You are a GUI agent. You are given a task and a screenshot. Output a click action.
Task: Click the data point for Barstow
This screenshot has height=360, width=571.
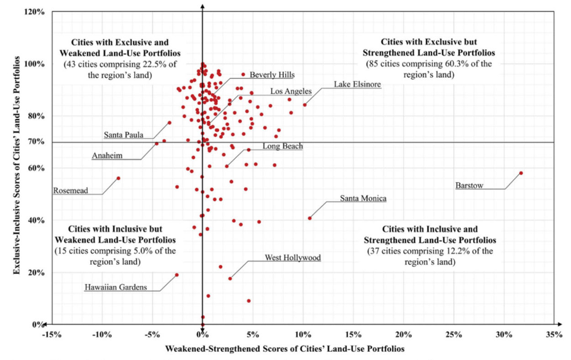[x=521, y=173]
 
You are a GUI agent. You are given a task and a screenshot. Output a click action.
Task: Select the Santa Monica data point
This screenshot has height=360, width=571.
[x=310, y=218]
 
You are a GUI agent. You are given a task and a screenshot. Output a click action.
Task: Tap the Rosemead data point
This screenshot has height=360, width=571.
[x=118, y=178]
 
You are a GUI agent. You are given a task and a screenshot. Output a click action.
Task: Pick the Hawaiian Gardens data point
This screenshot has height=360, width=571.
[x=176, y=275]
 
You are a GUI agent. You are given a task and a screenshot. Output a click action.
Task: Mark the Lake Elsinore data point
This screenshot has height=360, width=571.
[x=304, y=105]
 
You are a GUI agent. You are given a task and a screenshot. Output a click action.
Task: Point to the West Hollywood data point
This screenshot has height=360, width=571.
[x=230, y=279]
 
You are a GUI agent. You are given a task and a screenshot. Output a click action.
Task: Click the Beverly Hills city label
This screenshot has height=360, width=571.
[x=272, y=75]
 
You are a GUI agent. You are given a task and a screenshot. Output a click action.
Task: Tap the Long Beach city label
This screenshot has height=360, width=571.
[x=283, y=146]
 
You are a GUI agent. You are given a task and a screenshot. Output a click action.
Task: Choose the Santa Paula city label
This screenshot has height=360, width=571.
[x=124, y=135]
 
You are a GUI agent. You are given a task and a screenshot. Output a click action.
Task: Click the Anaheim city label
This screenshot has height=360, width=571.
[x=107, y=156]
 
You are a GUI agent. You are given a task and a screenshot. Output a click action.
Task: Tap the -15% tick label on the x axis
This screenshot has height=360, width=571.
[x=51, y=335]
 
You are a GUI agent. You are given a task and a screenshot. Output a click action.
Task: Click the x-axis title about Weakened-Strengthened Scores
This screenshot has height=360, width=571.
[x=285, y=349]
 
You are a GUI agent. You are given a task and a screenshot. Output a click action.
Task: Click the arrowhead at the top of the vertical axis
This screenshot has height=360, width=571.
[x=202, y=5]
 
